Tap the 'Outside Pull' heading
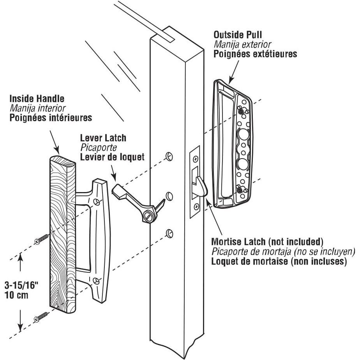coord(238,35)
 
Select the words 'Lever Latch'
coord(103,138)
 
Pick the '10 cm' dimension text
coord(16,295)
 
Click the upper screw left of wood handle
coord(41,239)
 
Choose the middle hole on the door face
coord(169,194)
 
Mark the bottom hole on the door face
coord(169,233)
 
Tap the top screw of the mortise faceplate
coord(196,159)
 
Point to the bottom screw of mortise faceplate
coord(196,207)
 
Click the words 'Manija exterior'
coord(242,44)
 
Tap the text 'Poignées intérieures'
coord(51,117)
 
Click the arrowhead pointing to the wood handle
coord(57,150)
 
